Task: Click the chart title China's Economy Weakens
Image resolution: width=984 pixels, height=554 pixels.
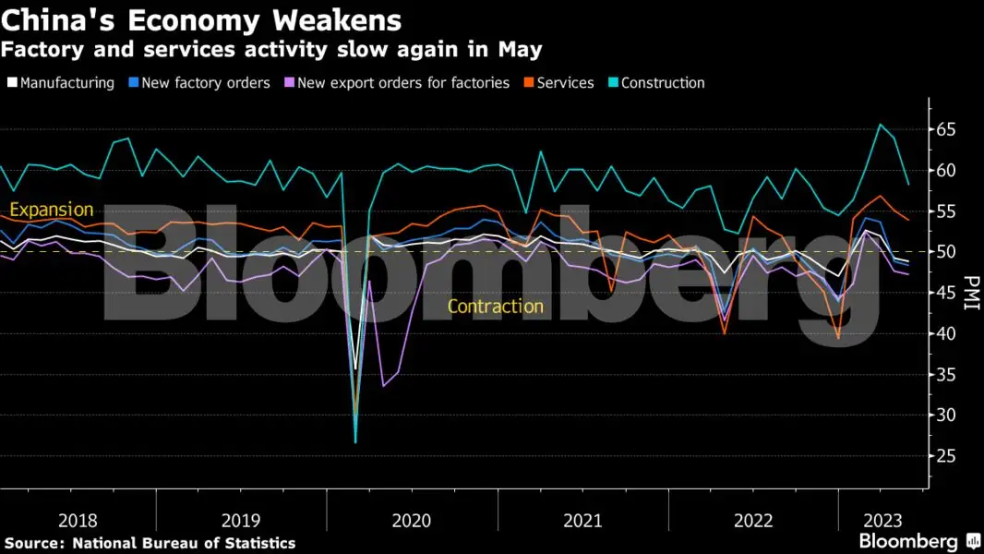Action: [201, 19]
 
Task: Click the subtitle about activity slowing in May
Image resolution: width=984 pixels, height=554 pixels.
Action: [271, 49]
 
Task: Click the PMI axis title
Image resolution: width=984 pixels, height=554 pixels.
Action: [970, 293]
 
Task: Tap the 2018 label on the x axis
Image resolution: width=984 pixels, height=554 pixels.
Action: [77, 521]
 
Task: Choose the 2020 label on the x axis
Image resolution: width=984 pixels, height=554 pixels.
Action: [412, 521]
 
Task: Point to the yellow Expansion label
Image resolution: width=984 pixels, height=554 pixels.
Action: [52, 211]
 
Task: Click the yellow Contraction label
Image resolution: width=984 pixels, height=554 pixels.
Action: [496, 307]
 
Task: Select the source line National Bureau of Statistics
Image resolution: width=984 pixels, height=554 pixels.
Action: [150, 543]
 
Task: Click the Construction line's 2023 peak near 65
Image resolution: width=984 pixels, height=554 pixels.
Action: [880, 125]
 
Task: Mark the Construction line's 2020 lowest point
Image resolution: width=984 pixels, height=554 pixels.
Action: [355, 442]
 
